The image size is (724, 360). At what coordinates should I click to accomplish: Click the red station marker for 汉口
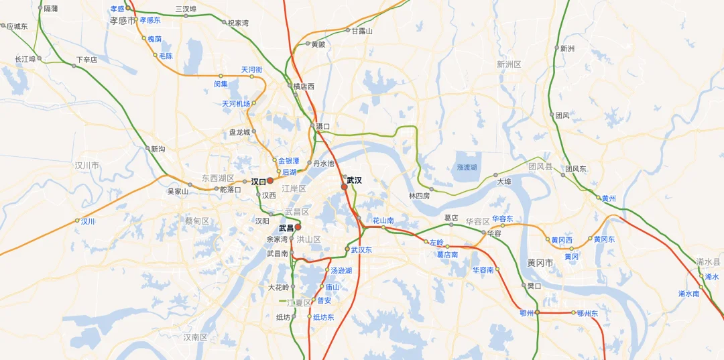[270, 181]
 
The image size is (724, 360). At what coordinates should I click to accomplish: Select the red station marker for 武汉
[344, 187]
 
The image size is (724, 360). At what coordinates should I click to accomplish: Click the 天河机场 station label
[235, 104]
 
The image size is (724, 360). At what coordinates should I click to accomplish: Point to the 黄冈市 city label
[540, 263]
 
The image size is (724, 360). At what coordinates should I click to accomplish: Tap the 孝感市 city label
[123, 21]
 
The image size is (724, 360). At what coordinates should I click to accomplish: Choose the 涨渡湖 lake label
[467, 167]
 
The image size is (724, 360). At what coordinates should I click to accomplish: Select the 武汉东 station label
[361, 250]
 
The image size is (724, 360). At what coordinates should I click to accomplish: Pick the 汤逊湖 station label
[341, 271]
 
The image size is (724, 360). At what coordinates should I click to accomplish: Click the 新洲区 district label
[509, 64]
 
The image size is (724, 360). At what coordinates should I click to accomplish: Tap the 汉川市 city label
[86, 165]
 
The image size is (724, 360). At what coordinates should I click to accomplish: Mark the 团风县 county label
[540, 166]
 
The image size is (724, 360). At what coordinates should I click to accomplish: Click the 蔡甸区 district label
[197, 221]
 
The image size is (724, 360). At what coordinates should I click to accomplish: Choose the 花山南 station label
[383, 220]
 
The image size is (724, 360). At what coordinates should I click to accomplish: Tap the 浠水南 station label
[688, 294]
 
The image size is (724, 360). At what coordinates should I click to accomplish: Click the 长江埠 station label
[25, 59]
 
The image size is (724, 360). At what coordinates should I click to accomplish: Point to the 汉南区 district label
[195, 337]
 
